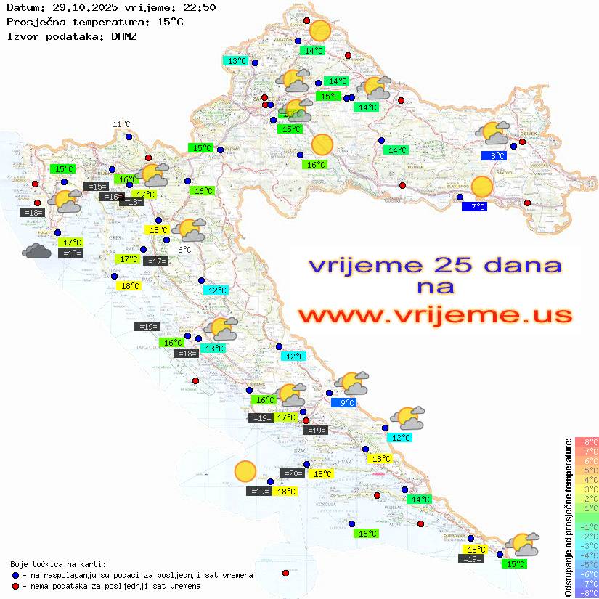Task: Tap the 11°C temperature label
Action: click(121, 124)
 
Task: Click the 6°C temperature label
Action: click(184, 250)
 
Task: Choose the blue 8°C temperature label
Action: click(497, 155)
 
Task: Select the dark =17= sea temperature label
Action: click(156, 261)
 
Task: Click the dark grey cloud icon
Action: click(36, 251)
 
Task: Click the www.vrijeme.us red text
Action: click(435, 314)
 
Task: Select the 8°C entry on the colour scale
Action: click(586, 441)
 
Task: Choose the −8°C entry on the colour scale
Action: click(586, 592)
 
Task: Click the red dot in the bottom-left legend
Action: click(17, 586)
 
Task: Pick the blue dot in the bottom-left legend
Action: click(17, 575)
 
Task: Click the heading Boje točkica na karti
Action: click(58, 564)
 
